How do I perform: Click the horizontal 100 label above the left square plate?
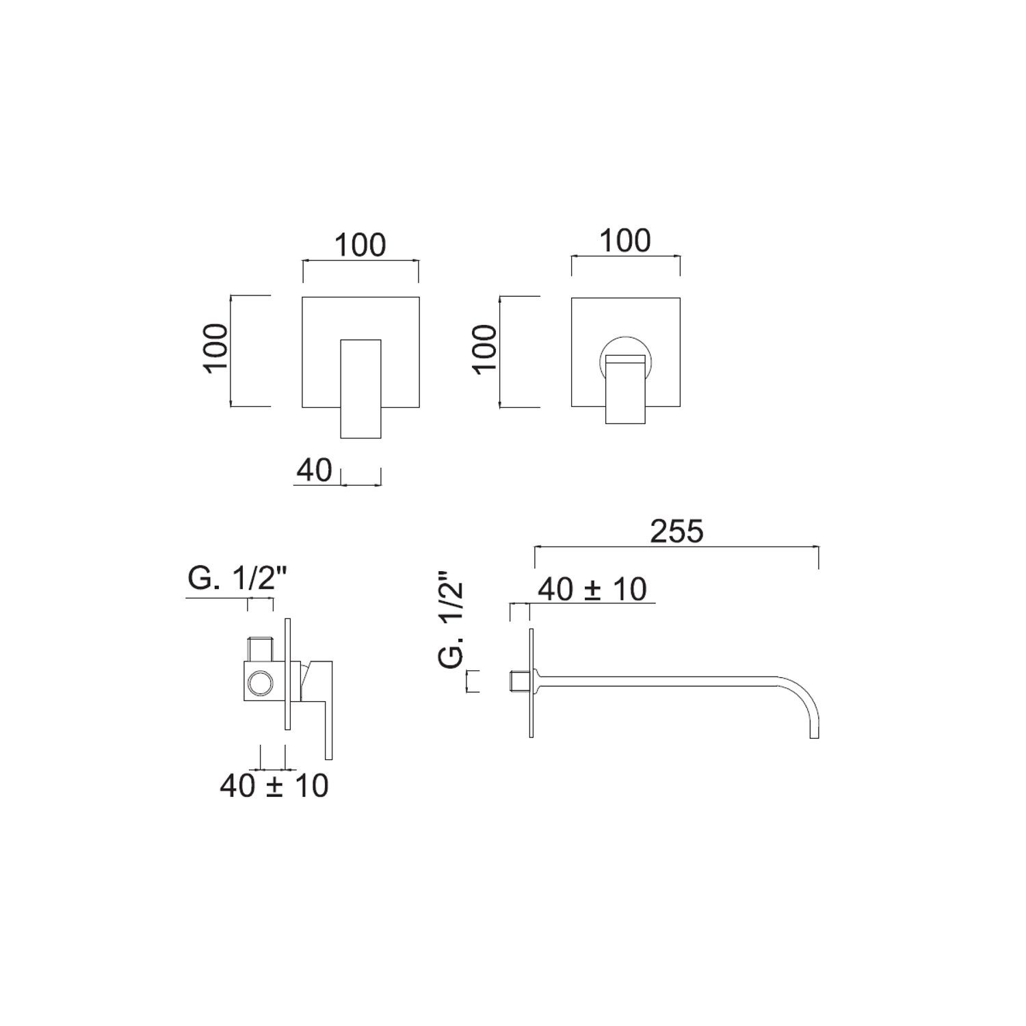pos(360,245)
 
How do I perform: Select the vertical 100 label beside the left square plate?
pos(215,347)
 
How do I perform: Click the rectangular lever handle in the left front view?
pos(360,388)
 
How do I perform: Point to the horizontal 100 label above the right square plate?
pos(625,241)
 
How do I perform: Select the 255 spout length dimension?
pos(676,531)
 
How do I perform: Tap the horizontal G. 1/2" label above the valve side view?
pos(235,580)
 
